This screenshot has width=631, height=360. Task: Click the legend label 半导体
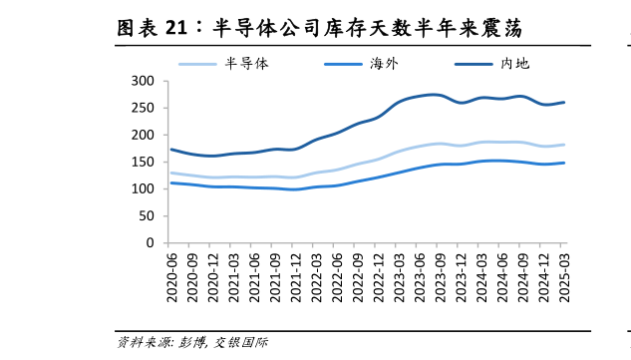pos(247,63)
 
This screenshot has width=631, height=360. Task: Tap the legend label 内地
pos(514,63)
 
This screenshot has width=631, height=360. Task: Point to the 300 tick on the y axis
pos(144,81)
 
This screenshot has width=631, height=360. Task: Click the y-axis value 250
pos(144,108)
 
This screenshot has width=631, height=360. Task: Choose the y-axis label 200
pos(144,135)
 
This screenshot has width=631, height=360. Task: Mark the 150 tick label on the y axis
pos(144,162)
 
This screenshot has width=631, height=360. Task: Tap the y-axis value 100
pos(144,188)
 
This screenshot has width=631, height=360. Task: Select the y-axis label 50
pos(147,215)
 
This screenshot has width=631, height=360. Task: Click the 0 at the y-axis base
pos(151,242)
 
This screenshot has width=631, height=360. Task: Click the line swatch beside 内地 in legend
pos(475,64)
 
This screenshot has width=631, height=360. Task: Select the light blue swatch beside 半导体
pos(199,64)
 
